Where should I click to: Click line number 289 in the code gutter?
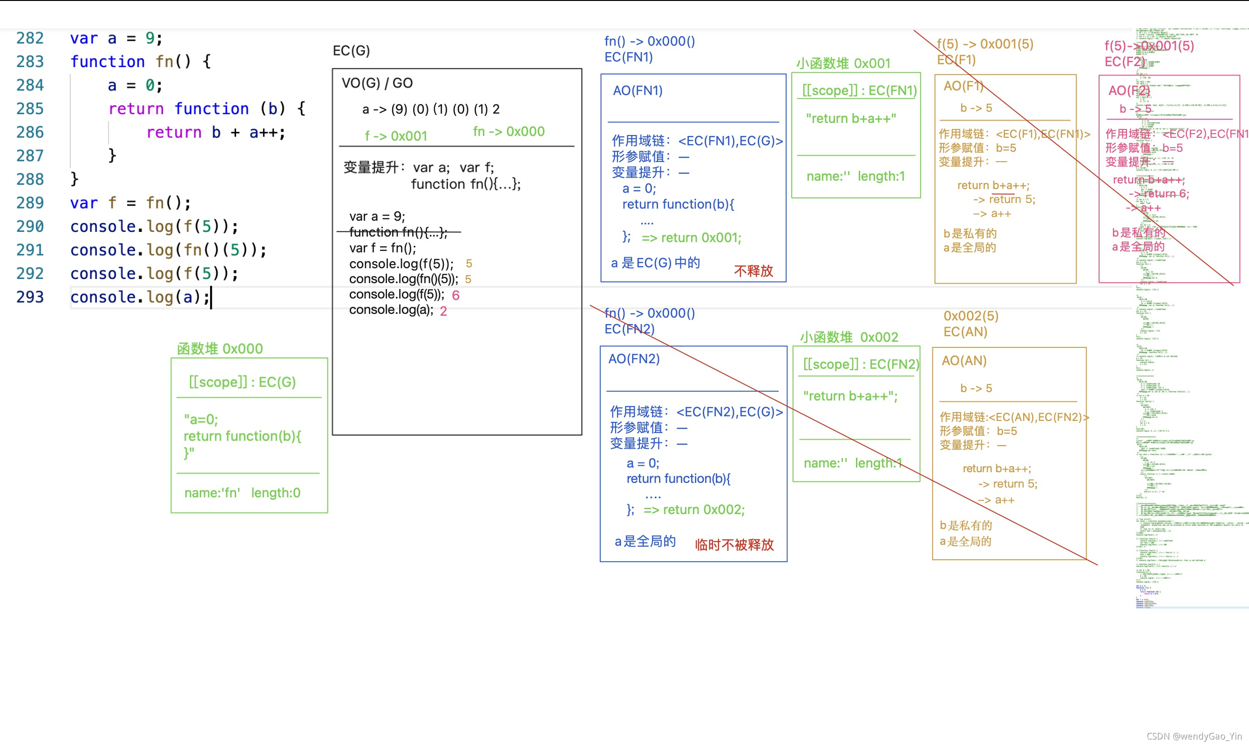pos(30,203)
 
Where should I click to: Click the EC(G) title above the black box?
pos(351,51)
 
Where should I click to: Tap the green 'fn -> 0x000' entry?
pos(508,132)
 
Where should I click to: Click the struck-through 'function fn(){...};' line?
pos(398,232)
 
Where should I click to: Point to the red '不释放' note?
pos(753,271)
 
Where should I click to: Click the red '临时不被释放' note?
pos(734,545)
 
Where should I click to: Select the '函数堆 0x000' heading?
pos(220,349)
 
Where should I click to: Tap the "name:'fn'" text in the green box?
pos(212,493)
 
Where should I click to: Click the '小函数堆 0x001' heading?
pos(843,63)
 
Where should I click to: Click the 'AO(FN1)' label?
pos(638,90)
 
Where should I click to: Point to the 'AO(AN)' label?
pos(964,361)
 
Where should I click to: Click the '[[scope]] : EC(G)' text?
pos(242,382)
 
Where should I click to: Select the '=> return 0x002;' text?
pos(693,510)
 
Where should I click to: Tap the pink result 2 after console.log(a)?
pos(443,311)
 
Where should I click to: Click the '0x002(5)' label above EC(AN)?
pos(971,316)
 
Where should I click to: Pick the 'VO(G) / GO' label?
pos(377,83)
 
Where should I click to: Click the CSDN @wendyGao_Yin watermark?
pos(1194,736)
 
